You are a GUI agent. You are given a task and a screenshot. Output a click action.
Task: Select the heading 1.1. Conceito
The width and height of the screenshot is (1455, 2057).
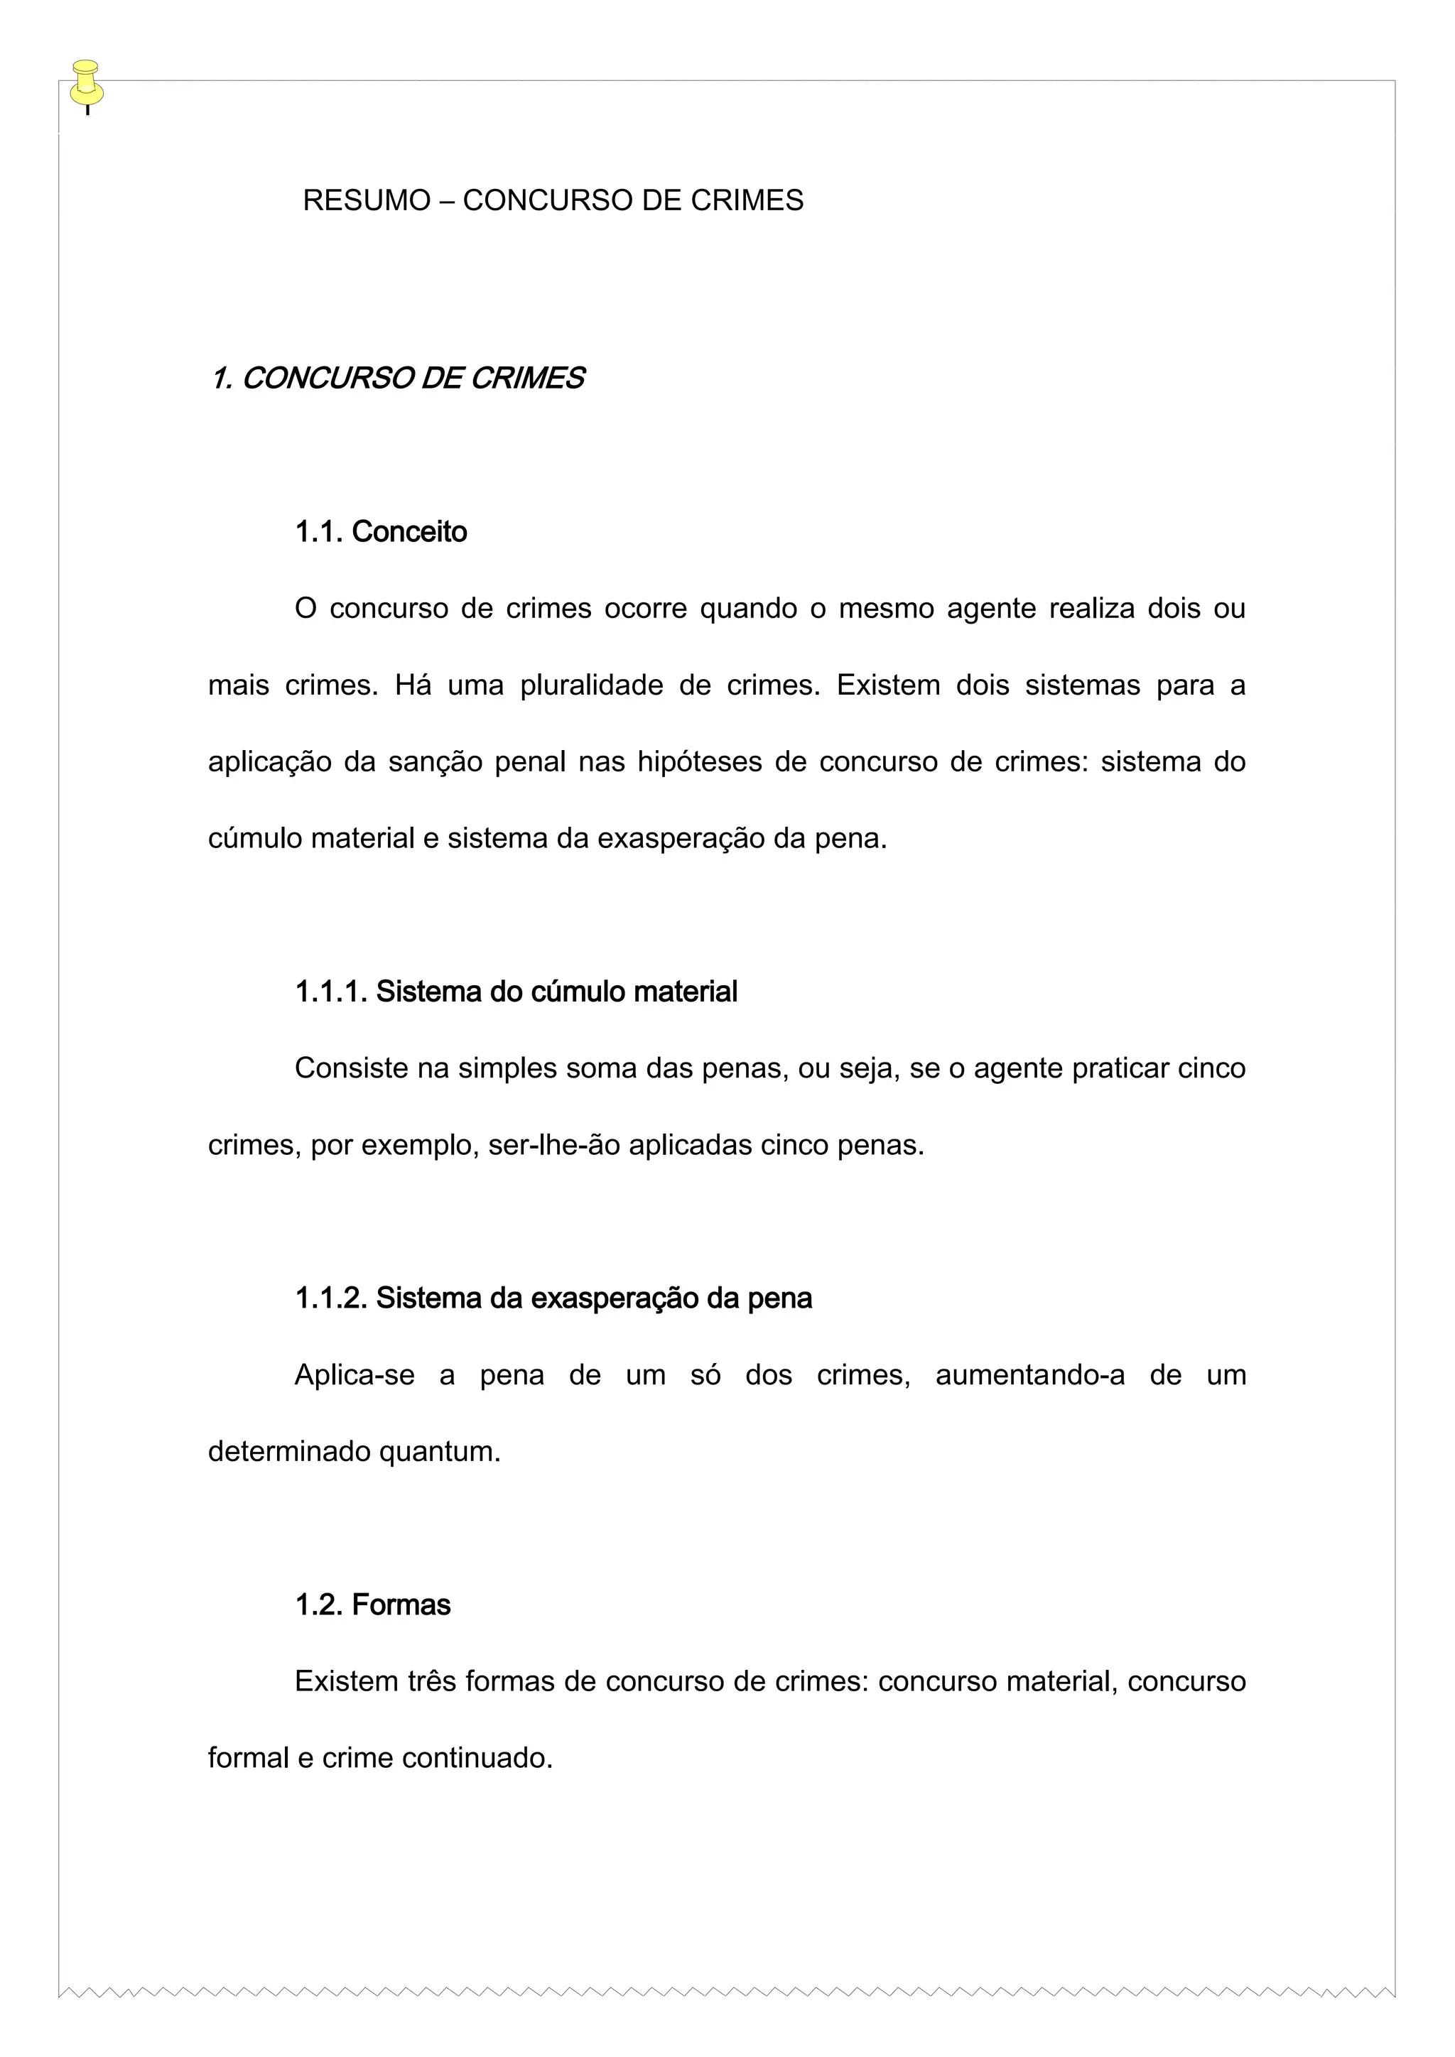coord(381,532)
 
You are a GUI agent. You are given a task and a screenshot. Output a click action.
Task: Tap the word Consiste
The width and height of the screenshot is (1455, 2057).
coord(351,1069)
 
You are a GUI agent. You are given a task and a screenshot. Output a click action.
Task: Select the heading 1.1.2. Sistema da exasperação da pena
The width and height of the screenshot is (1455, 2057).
coord(553,1298)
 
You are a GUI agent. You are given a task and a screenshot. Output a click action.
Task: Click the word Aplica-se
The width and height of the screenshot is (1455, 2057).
coord(355,1375)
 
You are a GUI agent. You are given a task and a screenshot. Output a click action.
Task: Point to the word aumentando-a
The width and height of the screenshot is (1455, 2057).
coord(1029,1375)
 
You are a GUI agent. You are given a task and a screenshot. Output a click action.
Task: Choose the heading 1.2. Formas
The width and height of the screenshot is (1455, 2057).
coord(373,1605)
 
